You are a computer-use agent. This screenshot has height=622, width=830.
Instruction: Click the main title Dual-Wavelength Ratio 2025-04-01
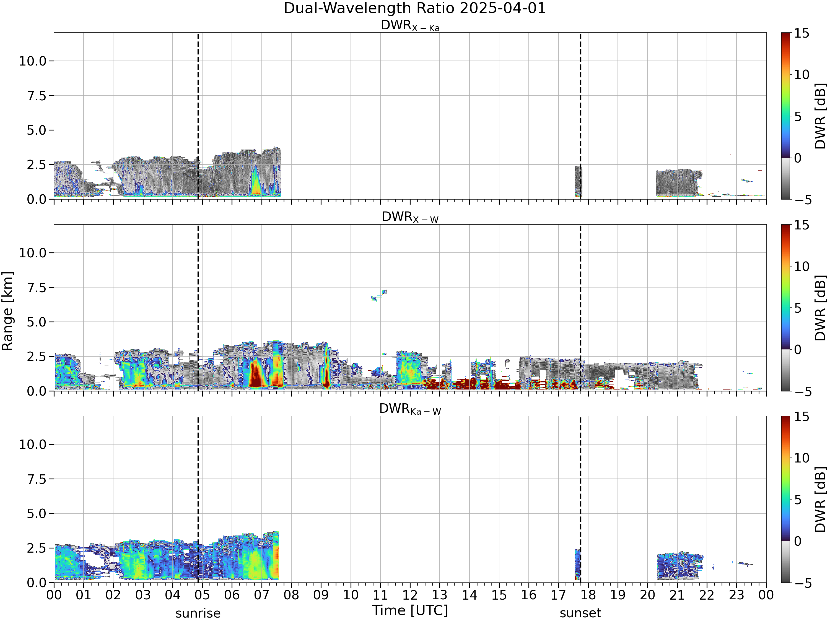415,8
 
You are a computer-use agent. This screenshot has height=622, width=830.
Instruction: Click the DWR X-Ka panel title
410,25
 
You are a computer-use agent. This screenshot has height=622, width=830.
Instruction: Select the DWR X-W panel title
410,217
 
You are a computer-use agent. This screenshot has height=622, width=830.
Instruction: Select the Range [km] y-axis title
7,311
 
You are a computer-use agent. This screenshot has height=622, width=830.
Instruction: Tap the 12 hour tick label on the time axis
410,595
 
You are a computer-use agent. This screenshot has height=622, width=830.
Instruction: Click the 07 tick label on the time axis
261,595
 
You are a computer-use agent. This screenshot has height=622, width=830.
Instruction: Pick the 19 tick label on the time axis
618,595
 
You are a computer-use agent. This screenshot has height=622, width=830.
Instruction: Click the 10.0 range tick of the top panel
33,61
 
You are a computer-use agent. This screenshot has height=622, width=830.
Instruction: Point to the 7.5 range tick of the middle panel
37,288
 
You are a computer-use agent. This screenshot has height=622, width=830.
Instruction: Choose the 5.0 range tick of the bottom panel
37,514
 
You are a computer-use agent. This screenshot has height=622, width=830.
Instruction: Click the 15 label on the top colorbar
802,33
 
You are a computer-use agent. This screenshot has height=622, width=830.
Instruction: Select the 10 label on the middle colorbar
802,266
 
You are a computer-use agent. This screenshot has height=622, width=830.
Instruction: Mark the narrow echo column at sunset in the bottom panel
577,564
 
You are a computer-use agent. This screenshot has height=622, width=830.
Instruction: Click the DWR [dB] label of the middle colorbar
821,308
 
